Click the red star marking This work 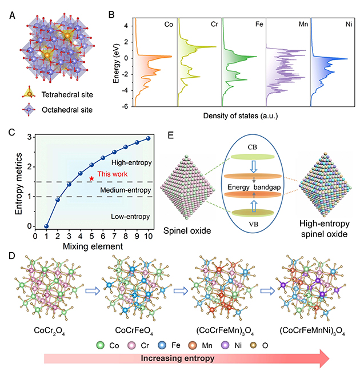(91, 178)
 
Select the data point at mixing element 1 (46, 226)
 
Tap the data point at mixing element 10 (148, 138)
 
